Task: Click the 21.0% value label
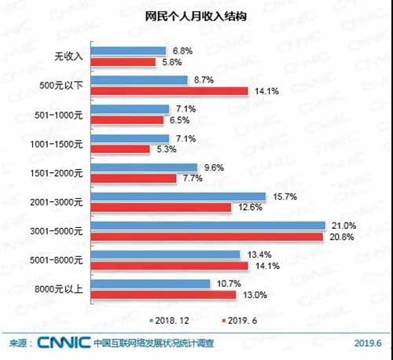click(339, 226)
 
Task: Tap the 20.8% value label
click(338, 236)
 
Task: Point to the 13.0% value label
click(252, 294)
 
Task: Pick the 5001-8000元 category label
click(62, 260)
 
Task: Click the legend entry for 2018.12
click(169, 321)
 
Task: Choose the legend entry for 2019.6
click(242, 321)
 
